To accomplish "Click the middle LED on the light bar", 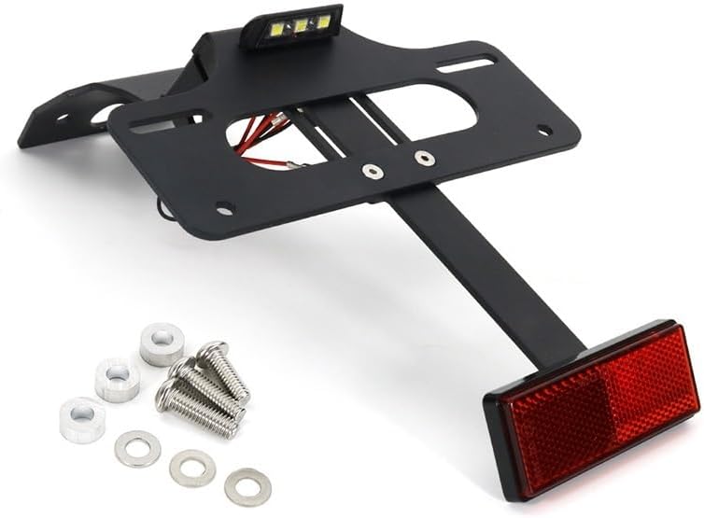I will click(x=301, y=28).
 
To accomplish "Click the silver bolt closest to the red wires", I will click(x=372, y=172).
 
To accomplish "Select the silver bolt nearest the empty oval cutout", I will click(x=424, y=157).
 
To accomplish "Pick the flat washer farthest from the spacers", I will click(x=248, y=485).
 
